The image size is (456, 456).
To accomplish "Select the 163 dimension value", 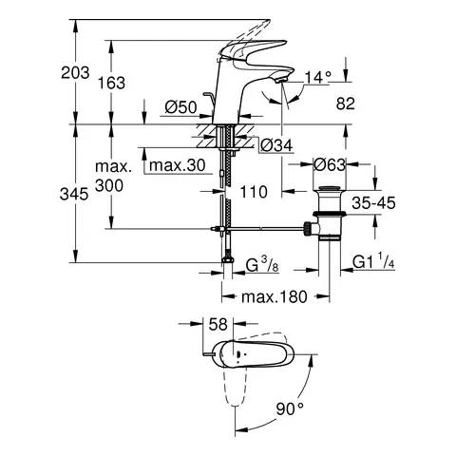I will (111, 84).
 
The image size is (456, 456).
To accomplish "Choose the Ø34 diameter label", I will (275, 144).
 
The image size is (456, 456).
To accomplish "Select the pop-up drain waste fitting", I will (331, 206).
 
